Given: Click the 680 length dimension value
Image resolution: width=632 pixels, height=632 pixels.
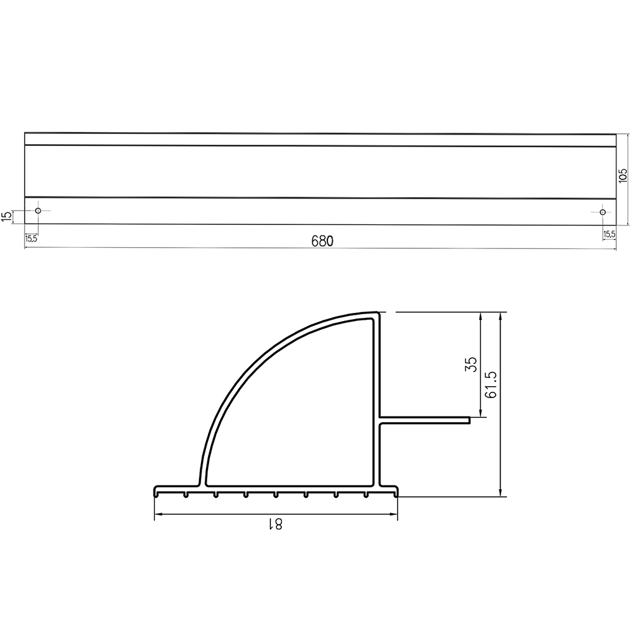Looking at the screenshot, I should click(321, 241).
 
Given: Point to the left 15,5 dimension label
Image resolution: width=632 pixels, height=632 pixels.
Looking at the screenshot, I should click(31, 238).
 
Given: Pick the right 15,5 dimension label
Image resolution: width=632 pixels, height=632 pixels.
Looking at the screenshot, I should click(609, 234).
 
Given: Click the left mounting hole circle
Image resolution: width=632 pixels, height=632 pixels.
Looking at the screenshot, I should click(38, 210).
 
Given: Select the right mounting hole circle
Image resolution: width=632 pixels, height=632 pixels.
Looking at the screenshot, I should click(602, 212).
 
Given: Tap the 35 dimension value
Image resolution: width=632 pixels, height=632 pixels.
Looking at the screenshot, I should click(471, 364).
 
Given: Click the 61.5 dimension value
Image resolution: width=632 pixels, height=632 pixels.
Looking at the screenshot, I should click(491, 384).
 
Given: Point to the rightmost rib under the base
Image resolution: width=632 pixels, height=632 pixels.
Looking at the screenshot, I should click(366, 495).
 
